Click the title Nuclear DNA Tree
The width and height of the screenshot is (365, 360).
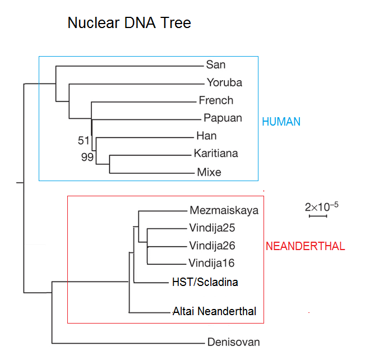tap(129, 23)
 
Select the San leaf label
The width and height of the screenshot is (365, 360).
tap(216, 65)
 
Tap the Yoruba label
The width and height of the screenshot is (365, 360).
tap(224, 82)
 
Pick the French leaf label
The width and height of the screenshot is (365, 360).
tap(216, 100)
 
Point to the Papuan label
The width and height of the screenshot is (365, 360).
tap(223, 118)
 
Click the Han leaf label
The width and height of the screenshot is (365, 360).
tap(206, 136)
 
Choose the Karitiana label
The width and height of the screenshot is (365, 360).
tap(216, 153)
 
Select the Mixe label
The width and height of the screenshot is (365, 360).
tap(209, 172)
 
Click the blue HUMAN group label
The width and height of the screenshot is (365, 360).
tap(281, 122)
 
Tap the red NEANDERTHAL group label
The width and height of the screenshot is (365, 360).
tap(305, 246)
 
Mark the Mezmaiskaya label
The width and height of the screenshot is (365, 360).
tap(224, 211)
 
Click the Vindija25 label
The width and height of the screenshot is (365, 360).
tap(212, 228)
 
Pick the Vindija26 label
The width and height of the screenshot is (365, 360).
tap(212, 246)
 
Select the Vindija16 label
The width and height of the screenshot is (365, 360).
tap(212, 263)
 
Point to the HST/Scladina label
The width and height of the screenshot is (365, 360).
tap(205, 282)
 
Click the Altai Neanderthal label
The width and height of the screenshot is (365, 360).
tap(215, 311)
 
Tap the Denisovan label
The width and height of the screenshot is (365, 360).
tap(233, 341)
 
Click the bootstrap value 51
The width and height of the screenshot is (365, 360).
tap(84, 140)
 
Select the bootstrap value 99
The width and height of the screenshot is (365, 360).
tap(87, 158)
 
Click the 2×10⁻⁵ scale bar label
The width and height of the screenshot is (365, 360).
tap(321, 206)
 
